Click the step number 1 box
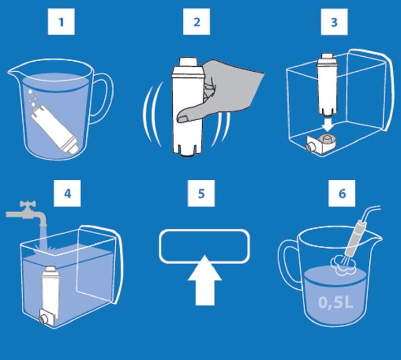[61, 23]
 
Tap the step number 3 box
[334, 23]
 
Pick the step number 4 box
[67, 194]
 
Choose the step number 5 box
[201, 194]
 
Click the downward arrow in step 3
[328, 121]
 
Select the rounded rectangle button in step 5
[204, 245]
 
